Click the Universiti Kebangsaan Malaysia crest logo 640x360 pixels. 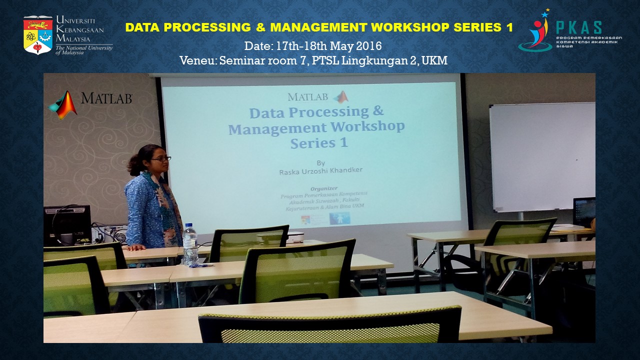pos(38,35)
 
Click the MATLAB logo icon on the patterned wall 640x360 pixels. pos(63,104)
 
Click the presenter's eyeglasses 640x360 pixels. pos(161,158)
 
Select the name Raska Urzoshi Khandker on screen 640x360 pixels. pos(321,170)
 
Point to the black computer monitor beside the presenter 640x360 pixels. pos(67,224)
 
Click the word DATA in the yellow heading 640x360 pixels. pos(142,27)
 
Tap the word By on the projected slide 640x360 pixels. pos(320,162)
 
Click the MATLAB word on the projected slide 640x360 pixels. pos(308,96)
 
